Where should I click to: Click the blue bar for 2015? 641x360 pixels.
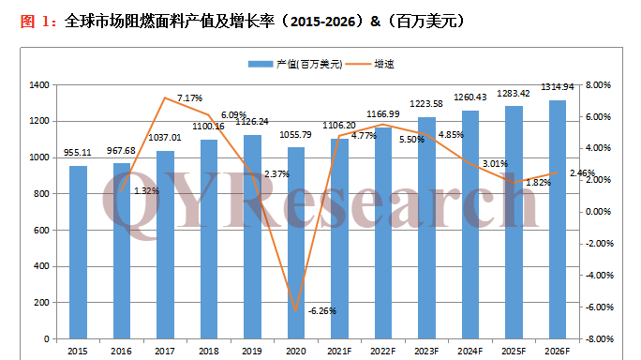tap(79, 251)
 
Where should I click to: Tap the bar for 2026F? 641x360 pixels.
tap(557, 218)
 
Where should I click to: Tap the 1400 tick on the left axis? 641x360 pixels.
tap(39, 85)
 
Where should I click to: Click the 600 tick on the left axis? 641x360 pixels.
tap(42, 230)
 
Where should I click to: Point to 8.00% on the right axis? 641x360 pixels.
tap(598, 85)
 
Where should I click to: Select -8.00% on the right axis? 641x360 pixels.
tap(597, 338)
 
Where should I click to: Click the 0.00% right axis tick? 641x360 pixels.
tap(598, 212)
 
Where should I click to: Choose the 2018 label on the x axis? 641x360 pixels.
tap(209, 351)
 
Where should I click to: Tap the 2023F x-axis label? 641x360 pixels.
tap(426, 351)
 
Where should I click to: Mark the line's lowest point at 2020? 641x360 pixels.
tap(295, 310)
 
